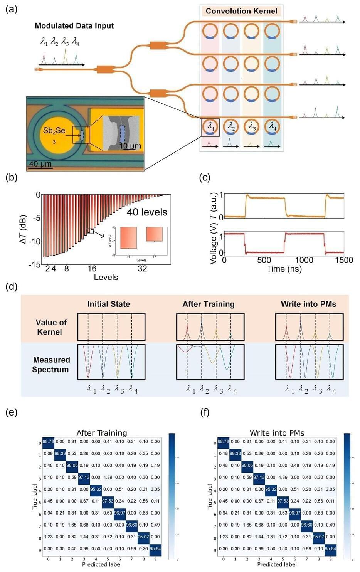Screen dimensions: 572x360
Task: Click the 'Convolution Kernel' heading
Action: tap(241, 11)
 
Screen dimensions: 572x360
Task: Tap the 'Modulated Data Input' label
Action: tap(74, 26)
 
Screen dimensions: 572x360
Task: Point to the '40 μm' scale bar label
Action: tap(40, 164)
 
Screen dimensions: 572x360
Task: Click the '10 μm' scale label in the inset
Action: tap(130, 146)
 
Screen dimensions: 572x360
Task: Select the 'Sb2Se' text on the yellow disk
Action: tap(54, 131)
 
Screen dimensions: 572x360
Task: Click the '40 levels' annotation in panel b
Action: tap(147, 212)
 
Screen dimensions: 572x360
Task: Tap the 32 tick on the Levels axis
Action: tap(142, 269)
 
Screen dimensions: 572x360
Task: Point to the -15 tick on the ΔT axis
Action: tap(34, 264)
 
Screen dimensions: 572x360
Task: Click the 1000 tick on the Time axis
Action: tap(304, 260)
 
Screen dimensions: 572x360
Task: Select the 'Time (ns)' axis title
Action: tap(284, 269)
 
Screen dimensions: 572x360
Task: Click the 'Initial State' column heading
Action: tap(108, 304)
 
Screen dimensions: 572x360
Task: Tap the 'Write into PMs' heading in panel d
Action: tap(308, 304)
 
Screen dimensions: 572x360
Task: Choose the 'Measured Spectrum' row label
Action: tap(51, 365)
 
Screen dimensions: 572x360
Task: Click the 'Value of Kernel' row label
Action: tap(51, 327)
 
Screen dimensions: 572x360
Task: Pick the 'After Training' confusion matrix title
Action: tap(102, 433)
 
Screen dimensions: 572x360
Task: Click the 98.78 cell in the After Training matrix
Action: tap(48, 442)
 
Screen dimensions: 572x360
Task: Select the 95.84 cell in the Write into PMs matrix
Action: tap(330, 549)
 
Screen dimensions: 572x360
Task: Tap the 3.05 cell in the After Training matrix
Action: tap(155, 489)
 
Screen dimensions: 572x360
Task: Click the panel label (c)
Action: tap(204, 177)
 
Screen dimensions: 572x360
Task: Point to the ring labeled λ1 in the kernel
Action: tap(210, 127)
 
